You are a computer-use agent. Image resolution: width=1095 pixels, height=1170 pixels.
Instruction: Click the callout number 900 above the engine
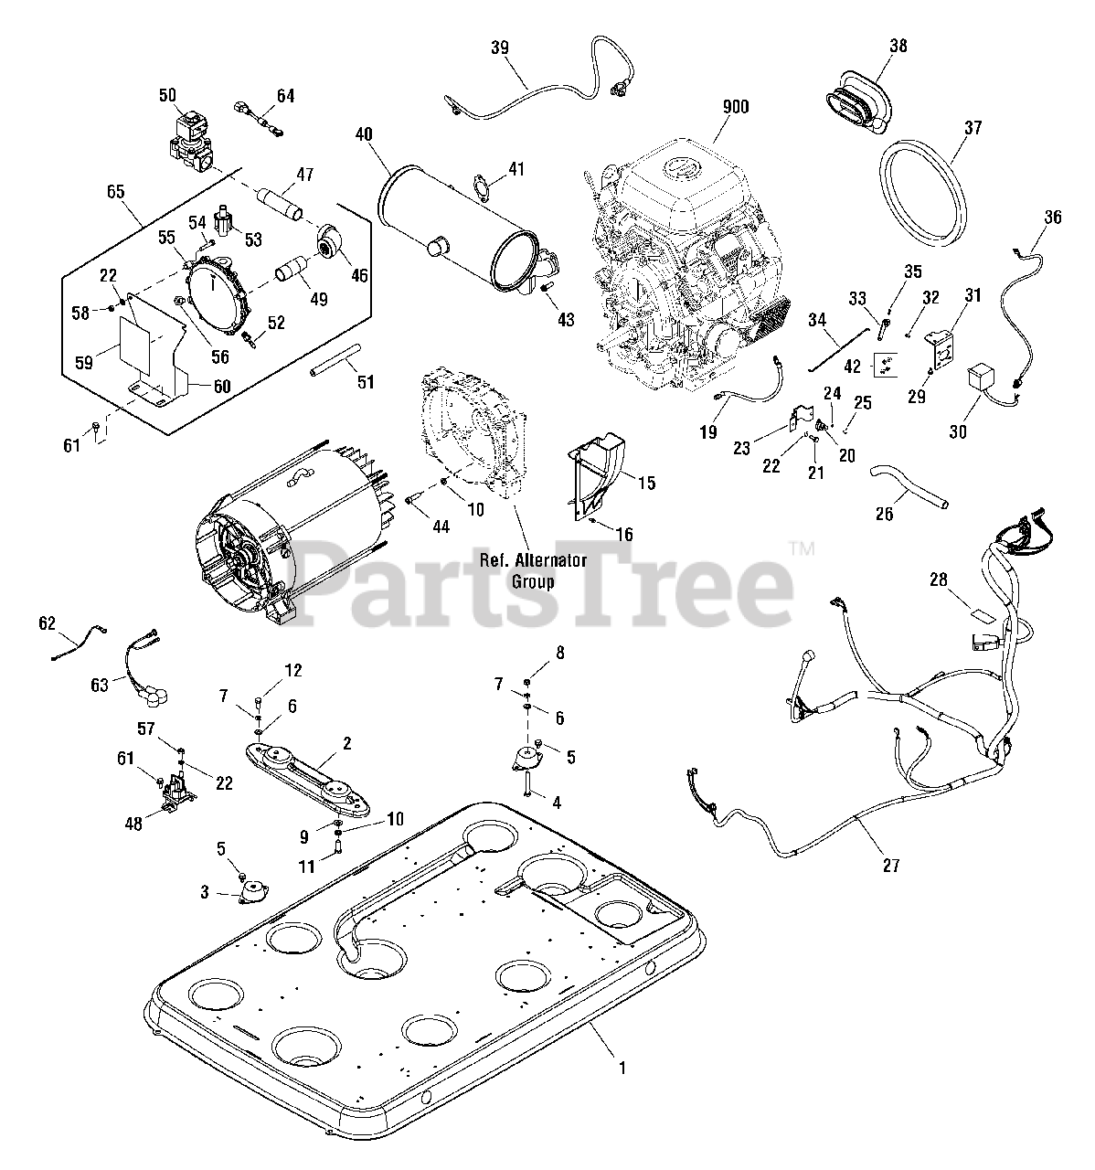click(x=735, y=107)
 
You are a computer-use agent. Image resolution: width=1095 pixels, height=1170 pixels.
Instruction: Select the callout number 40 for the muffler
click(x=364, y=133)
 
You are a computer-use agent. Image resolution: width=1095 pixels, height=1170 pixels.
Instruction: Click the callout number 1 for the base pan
click(x=622, y=1067)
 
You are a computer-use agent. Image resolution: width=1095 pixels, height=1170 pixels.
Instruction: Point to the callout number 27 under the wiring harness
click(x=891, y=865)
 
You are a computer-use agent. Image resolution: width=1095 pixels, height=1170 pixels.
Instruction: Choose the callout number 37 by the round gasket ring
click(x=972, y=129)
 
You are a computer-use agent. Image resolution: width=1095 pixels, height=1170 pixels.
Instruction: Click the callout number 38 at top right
click(x=898, y=46)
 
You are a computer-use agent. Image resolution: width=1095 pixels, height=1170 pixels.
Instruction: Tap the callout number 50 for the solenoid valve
click(x=167, y=95)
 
